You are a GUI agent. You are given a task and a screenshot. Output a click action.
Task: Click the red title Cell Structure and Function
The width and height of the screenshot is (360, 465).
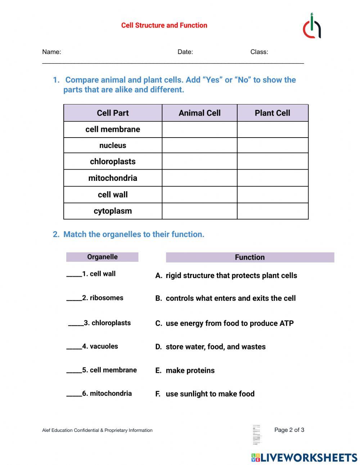click(x=164, y=25)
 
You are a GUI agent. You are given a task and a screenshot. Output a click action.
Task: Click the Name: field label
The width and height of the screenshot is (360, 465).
click(x=51, y=52)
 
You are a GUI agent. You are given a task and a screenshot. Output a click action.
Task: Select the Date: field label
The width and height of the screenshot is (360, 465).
click(x=185, y=52)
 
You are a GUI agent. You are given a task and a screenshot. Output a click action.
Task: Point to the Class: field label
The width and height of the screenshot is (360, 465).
click(x=259, y=52)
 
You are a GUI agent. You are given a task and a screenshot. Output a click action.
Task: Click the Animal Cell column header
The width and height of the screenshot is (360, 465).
click(x=199, y=113)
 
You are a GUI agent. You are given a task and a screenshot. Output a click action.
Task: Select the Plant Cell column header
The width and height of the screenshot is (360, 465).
click(x=272, y=113)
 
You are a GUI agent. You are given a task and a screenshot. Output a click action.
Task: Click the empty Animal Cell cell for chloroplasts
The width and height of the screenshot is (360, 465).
click(x=199, y=161)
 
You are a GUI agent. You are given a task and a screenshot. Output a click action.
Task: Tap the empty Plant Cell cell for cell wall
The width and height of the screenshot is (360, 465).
click(x=273, y=195)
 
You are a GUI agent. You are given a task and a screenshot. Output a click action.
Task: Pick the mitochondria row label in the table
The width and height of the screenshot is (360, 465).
click(x=113, y=178)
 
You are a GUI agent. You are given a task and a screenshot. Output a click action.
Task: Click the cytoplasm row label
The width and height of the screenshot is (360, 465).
click(x=113, y=211)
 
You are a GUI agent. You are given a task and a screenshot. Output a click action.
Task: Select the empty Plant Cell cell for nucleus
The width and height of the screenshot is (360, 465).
click(x=273, y=146)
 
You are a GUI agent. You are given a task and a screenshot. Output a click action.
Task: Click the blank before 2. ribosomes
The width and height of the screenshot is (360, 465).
click(x=74, y=299)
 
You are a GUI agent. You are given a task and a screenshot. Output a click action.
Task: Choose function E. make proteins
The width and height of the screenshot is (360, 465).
click(x=185, y=371)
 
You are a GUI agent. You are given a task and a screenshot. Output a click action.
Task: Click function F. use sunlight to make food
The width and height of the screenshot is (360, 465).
click(x=205, y=394)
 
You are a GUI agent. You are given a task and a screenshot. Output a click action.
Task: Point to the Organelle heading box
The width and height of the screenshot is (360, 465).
click(x=102, y=257)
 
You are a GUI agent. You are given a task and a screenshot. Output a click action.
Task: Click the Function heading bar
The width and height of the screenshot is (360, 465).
click(x=250, y=257)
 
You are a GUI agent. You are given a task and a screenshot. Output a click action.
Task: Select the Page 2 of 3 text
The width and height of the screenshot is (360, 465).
click(x=289, y=430)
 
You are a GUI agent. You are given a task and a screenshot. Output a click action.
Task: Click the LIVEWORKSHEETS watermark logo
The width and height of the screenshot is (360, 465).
click(x=304, y=457)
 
